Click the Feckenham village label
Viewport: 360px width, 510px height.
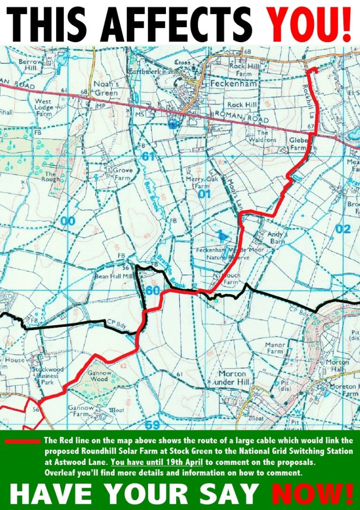(227, 83)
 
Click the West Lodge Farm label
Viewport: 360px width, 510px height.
(43, 107)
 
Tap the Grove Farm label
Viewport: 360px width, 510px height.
(122, 174)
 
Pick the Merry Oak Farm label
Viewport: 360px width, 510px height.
(206, 182)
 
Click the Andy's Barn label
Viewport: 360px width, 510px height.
(279, 237)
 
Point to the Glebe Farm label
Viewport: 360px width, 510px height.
(297, 143)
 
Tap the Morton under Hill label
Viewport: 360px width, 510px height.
(232, 378)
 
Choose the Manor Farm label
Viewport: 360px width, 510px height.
(275, 348)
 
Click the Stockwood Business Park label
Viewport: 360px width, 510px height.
(45, 376)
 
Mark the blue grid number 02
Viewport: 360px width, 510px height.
(343, 229)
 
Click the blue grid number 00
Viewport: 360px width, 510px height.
(67, 221)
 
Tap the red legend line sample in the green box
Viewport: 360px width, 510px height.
(22, 441)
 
